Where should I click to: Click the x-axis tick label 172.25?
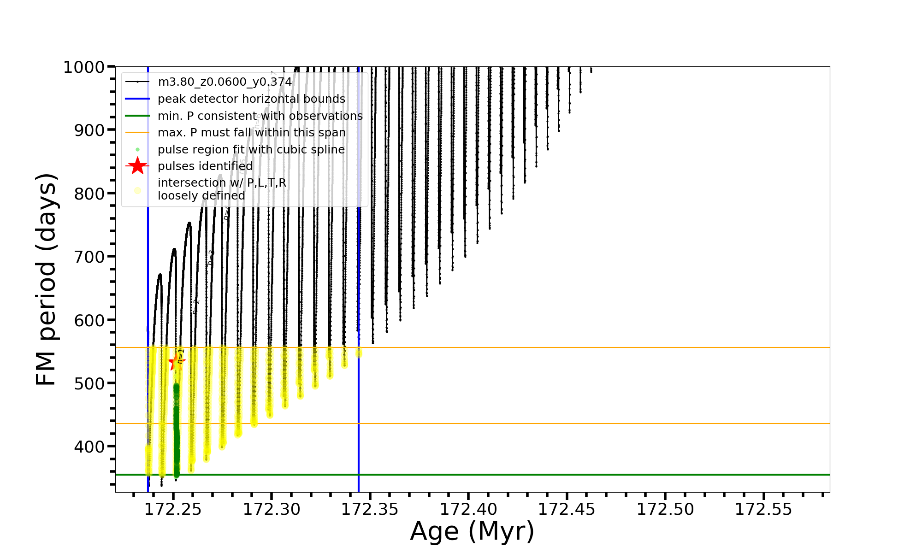[173, 509]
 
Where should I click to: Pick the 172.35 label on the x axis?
[370, 509]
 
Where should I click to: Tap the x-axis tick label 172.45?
[567, 509]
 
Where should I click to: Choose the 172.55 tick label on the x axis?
[763, 509]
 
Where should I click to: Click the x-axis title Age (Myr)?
[472, 531]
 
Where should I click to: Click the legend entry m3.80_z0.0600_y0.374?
[225, 82]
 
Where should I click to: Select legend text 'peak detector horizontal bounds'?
[251, 99]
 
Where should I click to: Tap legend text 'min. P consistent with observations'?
[260, 116]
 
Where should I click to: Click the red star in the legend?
[137, 166]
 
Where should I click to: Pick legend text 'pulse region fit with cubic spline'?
[251, 150]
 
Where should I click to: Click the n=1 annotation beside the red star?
[181, 356]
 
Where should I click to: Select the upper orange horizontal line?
[553, 347]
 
